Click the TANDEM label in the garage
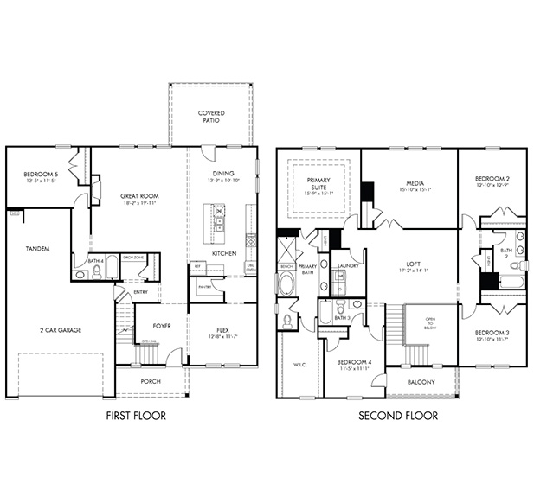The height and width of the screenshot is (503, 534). coord(37,248)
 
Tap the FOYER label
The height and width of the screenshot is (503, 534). coord(162,327)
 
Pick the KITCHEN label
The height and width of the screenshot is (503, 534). coord(224,253)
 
